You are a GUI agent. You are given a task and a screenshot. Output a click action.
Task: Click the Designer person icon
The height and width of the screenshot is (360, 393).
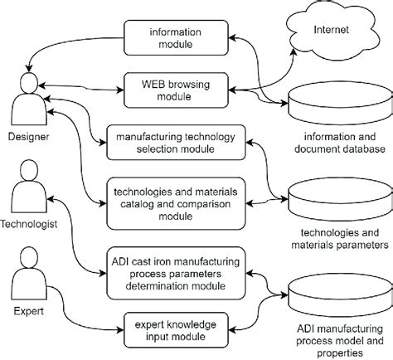[x=27, y=100]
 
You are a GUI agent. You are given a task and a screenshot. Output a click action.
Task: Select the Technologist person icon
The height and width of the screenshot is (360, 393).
[x=27, y=192]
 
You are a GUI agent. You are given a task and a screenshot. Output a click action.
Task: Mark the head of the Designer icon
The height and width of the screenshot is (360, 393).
[x=27, y=82]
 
